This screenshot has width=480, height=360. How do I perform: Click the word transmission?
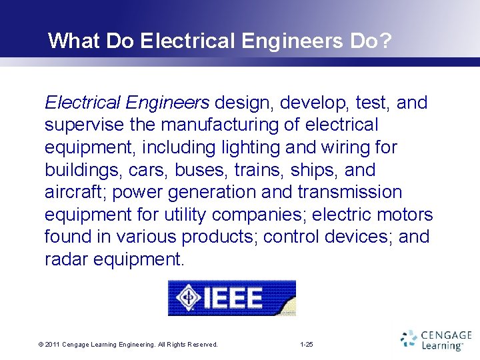(351, 192)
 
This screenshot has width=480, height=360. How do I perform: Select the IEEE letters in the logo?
(232, 297)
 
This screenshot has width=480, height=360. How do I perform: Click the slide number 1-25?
(307, 345)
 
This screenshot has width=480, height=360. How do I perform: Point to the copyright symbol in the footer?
(41, 345)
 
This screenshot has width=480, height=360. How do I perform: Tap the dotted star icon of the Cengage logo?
(409, 340)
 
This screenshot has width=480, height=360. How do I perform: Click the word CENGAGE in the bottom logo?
(446, 336)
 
